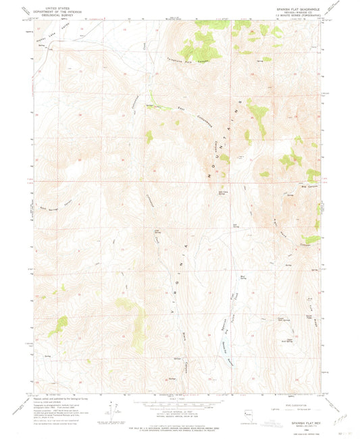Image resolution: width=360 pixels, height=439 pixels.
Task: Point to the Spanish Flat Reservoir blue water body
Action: click(x=224, y=348)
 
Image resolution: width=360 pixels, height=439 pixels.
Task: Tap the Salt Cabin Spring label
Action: click(x=222, y=194)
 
